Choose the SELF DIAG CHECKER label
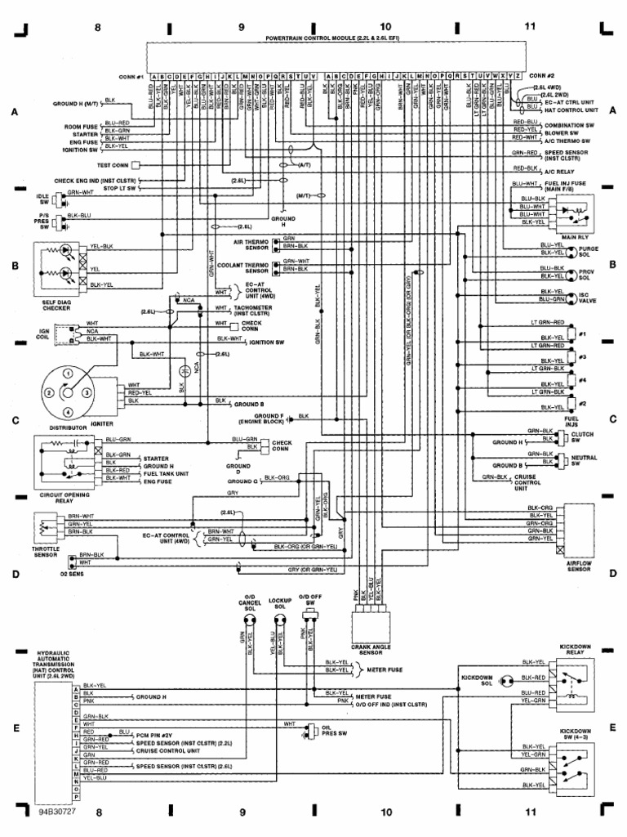[59, 305]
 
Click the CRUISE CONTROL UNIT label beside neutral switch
[526, 482]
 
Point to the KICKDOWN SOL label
[477, 678]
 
